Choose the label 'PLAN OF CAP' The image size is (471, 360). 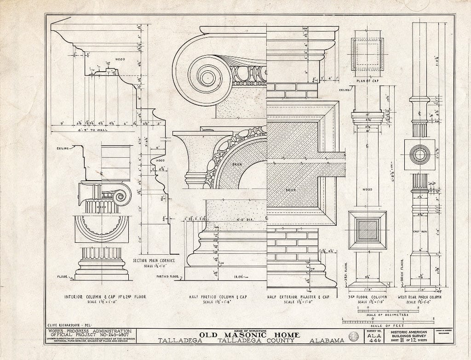pyautogui.click(x=367, y=81)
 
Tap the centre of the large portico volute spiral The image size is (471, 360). pyautogui.click(x=205, y=74)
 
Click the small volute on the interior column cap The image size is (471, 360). pyautogui.click(x=120, y=197)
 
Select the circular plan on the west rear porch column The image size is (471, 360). pyautogui.click(x=419, y=155)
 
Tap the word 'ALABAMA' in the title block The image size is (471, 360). pyautogui.click(x=327, y=341)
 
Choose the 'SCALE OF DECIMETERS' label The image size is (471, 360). pyautogui.click(x=387, y=314)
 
